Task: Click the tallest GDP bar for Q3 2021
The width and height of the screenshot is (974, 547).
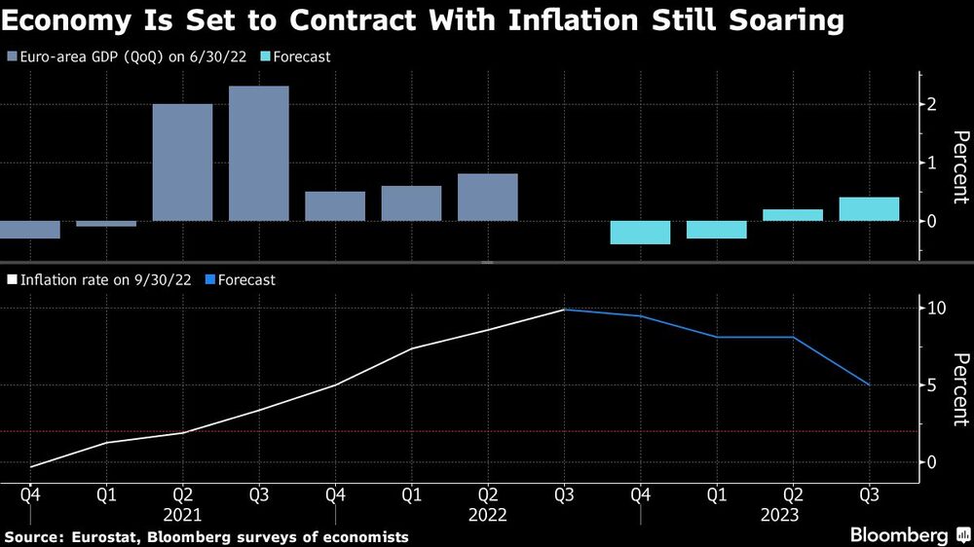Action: tap(259, 154)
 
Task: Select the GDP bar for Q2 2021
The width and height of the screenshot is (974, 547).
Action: tap(182, 163)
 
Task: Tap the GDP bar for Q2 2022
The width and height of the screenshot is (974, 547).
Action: tap(487, 198)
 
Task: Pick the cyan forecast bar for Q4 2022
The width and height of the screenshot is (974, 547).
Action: tap(640, 232)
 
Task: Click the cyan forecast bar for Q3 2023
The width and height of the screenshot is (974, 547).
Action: tap(869, 209)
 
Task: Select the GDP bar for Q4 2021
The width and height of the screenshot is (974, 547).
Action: tap(335, 206)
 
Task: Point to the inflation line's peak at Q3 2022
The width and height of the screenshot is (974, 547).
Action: tap(564, 310)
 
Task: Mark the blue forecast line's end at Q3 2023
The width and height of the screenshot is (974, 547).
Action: tap(869, 385)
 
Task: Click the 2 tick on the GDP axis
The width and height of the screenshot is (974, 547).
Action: tap(932, 104)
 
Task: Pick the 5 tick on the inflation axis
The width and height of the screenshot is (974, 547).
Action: tap(932, 385)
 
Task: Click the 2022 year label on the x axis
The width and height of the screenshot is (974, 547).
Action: tap(487, 515)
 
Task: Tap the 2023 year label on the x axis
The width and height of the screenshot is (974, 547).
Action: tap(793, 515)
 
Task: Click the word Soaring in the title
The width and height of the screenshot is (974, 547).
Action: tap(776, 20)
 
